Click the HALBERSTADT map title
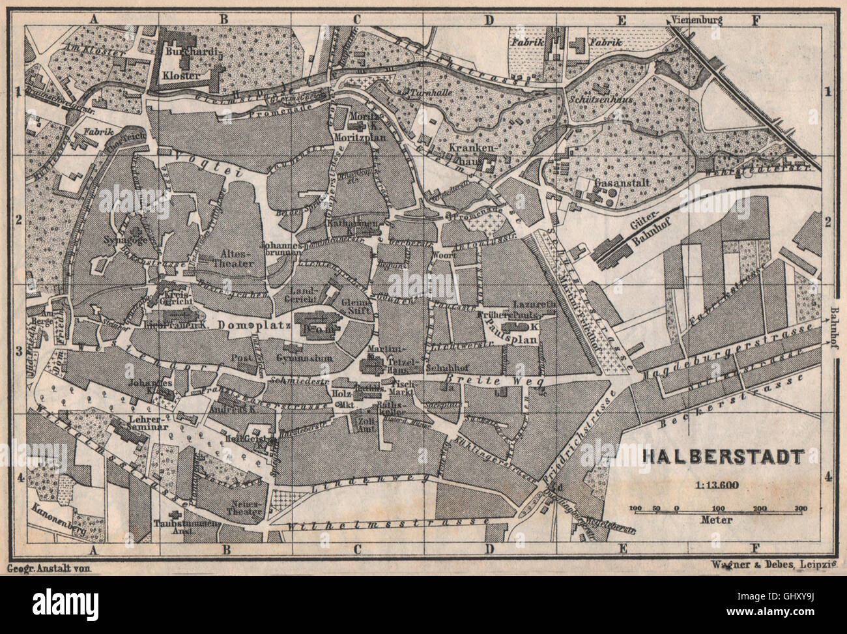pos(723,456)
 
